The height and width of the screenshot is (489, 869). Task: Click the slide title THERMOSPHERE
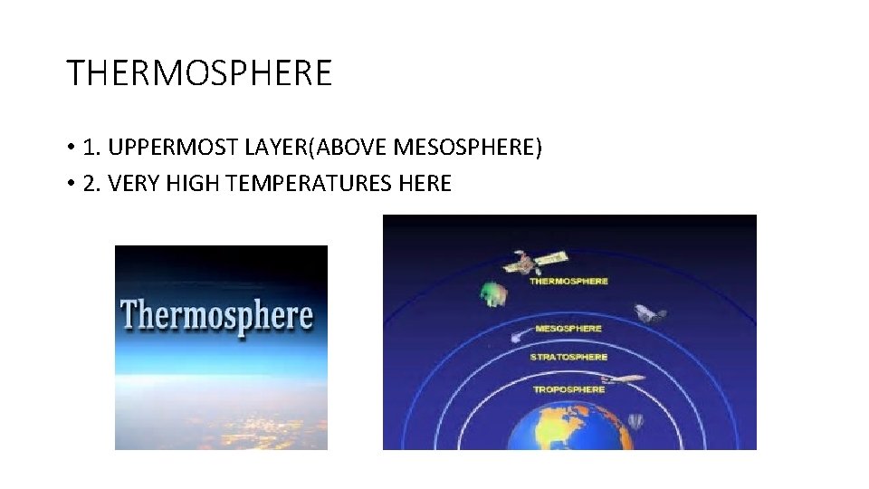[199, 72]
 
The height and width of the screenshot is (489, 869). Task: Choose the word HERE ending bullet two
[424, 184]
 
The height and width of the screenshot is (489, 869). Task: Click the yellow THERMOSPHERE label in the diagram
[568, 281]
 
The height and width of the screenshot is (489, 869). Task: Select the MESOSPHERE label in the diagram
[568, 328]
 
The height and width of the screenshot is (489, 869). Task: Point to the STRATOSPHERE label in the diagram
[568, 357]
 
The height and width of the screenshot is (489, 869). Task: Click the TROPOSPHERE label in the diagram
[568, 389]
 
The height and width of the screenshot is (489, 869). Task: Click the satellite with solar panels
[533, 262]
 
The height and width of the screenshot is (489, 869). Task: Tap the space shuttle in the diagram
[650, 313]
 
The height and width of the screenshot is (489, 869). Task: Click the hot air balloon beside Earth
[635, 423]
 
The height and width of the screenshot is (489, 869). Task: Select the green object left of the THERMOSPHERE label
[492, 293]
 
